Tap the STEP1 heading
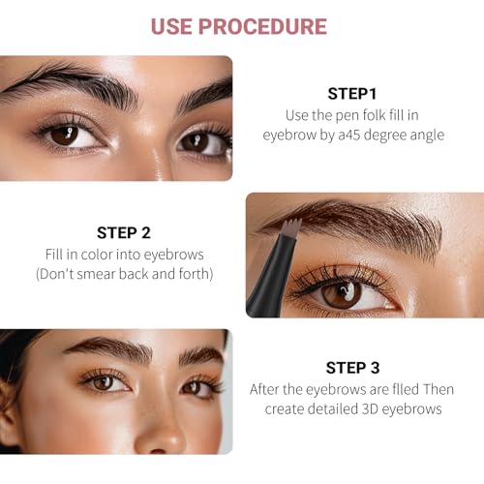353,94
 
